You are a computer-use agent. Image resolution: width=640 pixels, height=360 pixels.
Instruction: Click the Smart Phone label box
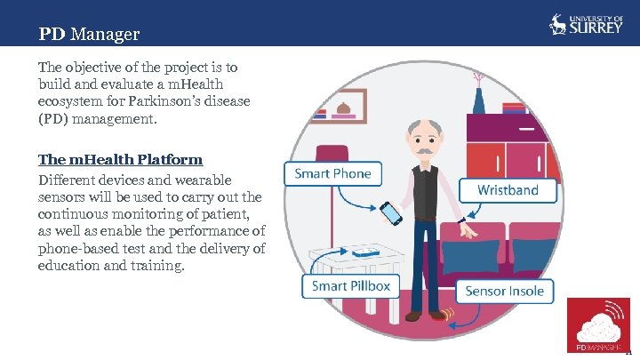pyautogui.click(x=332, y=173)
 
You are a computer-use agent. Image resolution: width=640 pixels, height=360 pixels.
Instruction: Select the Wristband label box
pyautogui.click(x=508, y=190)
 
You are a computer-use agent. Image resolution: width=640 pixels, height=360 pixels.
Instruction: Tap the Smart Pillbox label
pyautogui.click(x=351, y=286)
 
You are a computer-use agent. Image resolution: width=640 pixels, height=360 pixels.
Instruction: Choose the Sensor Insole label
pyautogui.click(x=504, y=291)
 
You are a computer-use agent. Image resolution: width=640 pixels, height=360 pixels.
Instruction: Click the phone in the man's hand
pyautogui.click(x=391, y=213)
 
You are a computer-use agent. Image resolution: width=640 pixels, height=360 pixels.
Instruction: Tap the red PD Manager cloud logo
pyautogui.click(x=598, y=324)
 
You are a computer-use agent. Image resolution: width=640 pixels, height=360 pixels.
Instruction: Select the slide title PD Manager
pyautogui.click(x=89, y=35)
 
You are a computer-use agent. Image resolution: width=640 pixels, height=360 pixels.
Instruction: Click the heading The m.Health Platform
pyautogui.click(x=120, y=160)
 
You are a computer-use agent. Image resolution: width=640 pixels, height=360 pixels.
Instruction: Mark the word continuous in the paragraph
pyautogui.click(x=74, y=214)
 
